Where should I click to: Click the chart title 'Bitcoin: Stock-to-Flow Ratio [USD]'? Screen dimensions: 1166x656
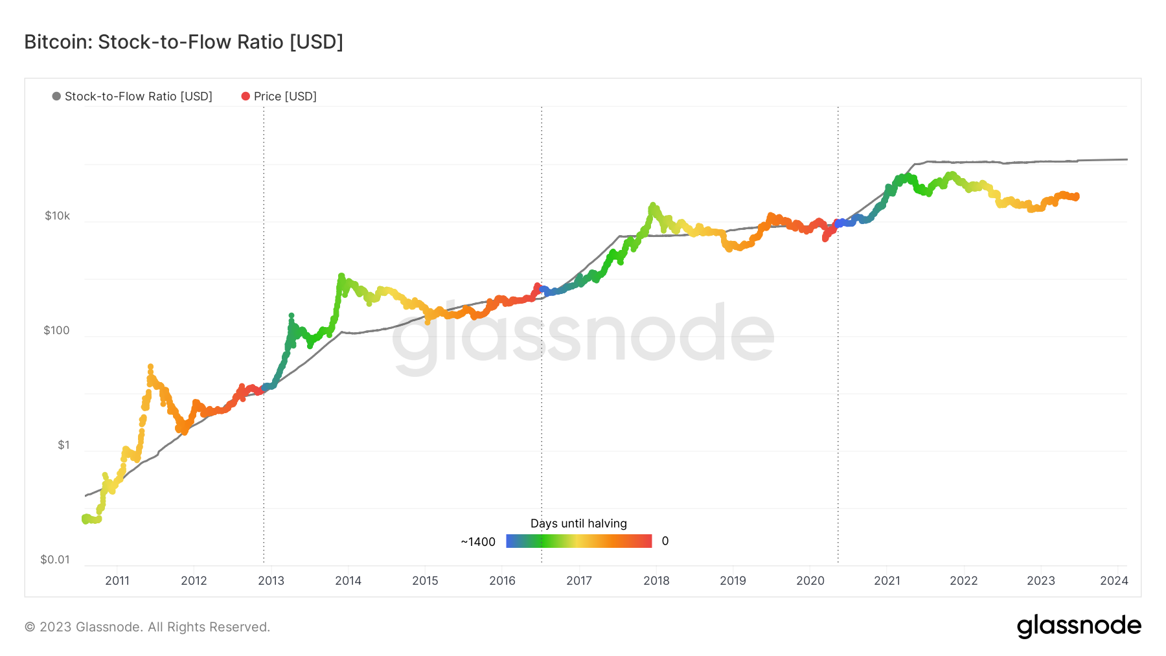(183, 42)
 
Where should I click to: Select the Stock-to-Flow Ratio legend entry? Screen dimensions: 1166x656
(132, 96)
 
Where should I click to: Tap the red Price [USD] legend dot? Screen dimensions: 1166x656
(246, 96)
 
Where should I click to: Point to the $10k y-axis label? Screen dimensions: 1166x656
(57, 216)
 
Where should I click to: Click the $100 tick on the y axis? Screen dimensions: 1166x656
(56, 330)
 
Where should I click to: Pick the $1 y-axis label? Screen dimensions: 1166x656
(63, 445)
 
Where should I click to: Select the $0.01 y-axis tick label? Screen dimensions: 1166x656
(55, 560)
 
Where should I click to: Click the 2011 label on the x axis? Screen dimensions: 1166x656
(117, 581)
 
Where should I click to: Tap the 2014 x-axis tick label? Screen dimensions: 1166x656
(349, 581)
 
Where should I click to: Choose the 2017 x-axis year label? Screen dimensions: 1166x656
(579, 581)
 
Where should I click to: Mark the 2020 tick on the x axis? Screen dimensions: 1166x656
(810, 581)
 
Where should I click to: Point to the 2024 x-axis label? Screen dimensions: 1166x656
(1114, 581)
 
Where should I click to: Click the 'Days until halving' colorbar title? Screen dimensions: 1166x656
(579, 523)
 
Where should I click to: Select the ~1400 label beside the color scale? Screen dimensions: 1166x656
(478, 542)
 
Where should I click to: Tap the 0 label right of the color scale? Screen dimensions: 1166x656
(665, 541)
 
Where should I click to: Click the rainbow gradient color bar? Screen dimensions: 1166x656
(579, 541)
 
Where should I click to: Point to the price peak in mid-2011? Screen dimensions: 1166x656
(150, 367)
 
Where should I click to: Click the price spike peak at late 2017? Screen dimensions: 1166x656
(652, 205)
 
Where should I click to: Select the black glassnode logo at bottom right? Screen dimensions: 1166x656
(1079, 626)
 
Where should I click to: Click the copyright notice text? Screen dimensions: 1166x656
(147, 627)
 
